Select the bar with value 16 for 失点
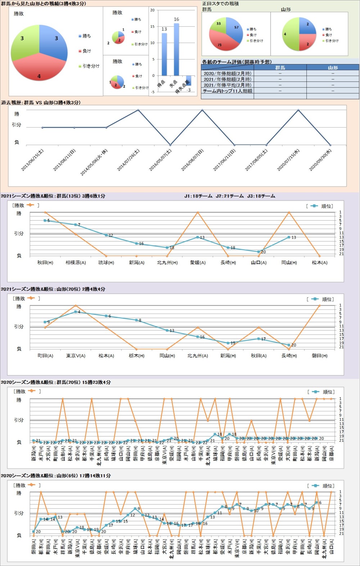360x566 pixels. pos(176,50)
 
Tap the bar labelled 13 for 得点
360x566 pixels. pos(164,54)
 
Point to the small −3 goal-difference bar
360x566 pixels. pos(189,80)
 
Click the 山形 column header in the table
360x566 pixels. pos(333,68)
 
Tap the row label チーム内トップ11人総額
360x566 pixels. pos(228,91)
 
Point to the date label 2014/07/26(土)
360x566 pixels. pos(128,161)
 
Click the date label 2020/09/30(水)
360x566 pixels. pos(320,161)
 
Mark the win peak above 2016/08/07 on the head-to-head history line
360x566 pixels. pos(202,110)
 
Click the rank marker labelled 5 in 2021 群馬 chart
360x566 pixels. pos(45,220)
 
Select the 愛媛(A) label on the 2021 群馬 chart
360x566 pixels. pos(198,263)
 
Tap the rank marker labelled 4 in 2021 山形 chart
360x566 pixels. pos(76,312)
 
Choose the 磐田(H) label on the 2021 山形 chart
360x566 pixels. pos(320,356)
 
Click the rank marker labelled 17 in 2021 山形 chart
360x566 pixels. pos(258,339)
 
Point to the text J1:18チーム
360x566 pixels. pos(198,196)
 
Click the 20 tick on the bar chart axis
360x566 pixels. pos(152,10)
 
